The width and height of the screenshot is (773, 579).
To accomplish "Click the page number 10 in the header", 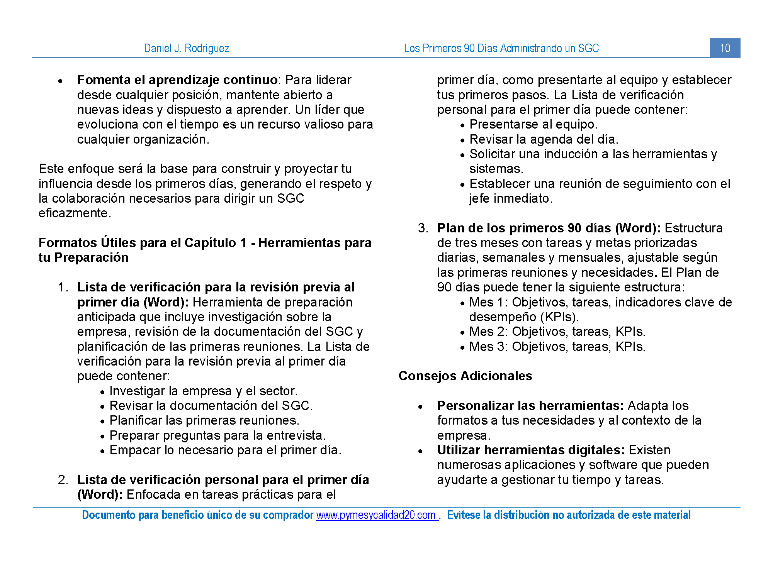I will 725,48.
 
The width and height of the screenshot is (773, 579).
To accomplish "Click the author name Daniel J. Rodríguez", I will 187,48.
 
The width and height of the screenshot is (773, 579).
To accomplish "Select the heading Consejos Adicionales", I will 465,376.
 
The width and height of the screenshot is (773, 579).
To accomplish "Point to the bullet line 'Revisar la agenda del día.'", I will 544,139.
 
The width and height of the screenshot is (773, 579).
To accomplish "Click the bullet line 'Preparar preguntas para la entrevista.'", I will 217,435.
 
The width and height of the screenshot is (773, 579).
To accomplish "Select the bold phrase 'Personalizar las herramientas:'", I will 530,406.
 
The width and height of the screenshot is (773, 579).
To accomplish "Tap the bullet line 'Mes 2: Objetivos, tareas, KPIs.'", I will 557,332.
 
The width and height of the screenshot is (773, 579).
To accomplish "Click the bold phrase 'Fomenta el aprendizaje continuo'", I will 177,80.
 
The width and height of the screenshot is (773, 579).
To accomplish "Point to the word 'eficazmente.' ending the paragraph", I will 75,213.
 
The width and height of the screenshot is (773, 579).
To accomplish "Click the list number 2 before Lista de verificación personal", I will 63,480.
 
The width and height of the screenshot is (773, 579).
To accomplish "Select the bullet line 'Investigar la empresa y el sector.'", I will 204,391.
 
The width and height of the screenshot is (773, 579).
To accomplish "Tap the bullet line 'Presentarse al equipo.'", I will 533,124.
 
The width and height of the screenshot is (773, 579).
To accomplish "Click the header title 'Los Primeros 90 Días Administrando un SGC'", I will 501,48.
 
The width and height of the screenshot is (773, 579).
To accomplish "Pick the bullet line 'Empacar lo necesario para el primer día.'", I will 225,450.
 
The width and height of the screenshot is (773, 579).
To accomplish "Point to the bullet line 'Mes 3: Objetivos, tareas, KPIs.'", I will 557,347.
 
